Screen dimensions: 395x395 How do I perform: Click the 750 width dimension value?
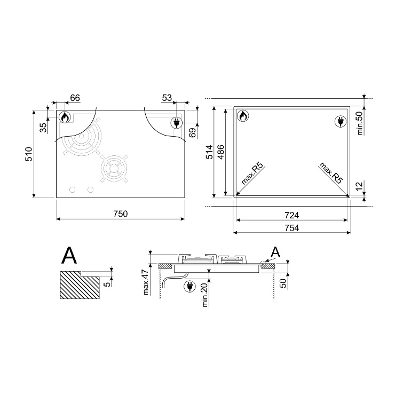[121, 214]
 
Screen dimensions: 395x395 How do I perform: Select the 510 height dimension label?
[29, 154]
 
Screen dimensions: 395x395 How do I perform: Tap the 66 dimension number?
[75, 98]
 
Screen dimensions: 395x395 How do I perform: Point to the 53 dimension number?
[167, 98]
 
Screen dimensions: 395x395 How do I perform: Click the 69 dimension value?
[193, 133]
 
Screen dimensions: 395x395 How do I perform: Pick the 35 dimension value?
[44, 128]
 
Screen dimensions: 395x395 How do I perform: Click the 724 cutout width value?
[292, 216]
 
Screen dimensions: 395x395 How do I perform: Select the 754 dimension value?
[292, 228]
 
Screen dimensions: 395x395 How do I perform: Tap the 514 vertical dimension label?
[210, 152]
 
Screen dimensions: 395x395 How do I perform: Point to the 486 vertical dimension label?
[220, 152]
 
